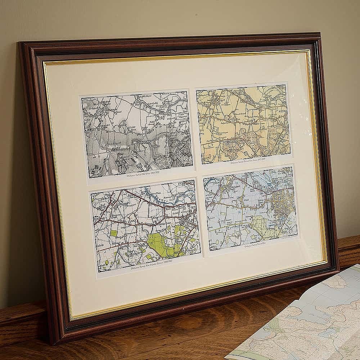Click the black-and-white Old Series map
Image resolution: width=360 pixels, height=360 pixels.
click(137, 133)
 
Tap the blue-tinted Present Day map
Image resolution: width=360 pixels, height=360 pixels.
click(251, 208)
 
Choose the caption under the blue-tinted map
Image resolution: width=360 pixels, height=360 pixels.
click(258, 246)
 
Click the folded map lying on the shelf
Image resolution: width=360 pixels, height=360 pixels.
click(306, 320)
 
